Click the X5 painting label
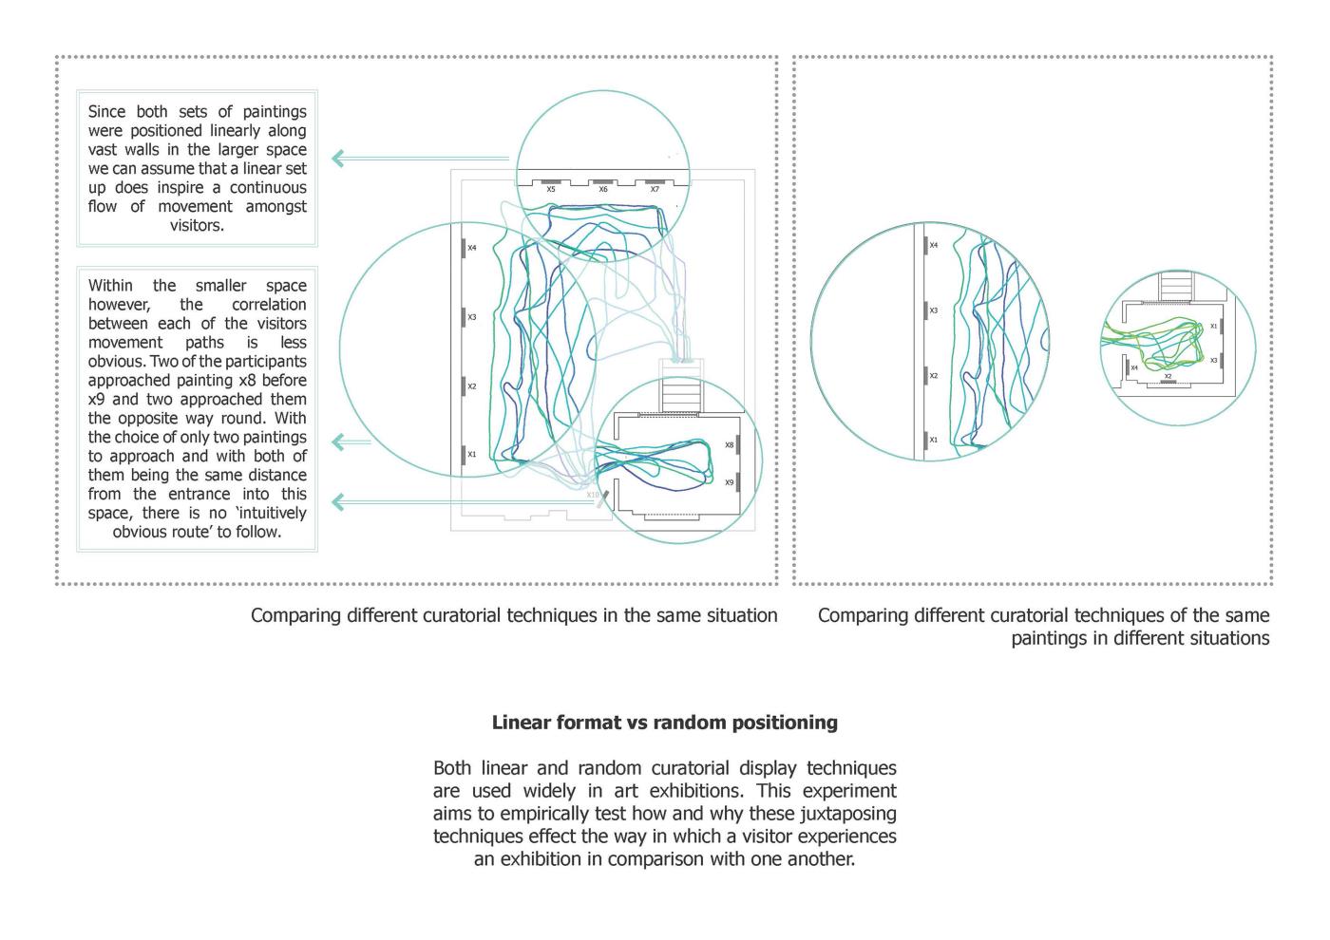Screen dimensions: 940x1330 [551, 190]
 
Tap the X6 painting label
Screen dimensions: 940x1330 [603, 190]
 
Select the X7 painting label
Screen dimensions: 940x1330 [655, 190]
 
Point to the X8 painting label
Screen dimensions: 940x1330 [730, 445]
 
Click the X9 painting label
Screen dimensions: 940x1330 [730, 483]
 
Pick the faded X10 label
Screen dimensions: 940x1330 [593, 495]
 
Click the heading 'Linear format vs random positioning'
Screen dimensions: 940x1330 [665, 723]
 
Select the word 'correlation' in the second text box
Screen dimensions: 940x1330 [269, 305]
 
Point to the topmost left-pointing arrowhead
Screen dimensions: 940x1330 [338, 159]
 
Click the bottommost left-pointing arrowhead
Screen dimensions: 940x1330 [338, 501]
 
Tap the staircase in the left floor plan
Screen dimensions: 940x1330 [682, 392]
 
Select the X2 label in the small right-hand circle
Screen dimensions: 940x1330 [1168, 376]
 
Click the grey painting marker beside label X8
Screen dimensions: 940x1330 [738, 445]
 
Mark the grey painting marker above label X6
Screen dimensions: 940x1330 [602, 181]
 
